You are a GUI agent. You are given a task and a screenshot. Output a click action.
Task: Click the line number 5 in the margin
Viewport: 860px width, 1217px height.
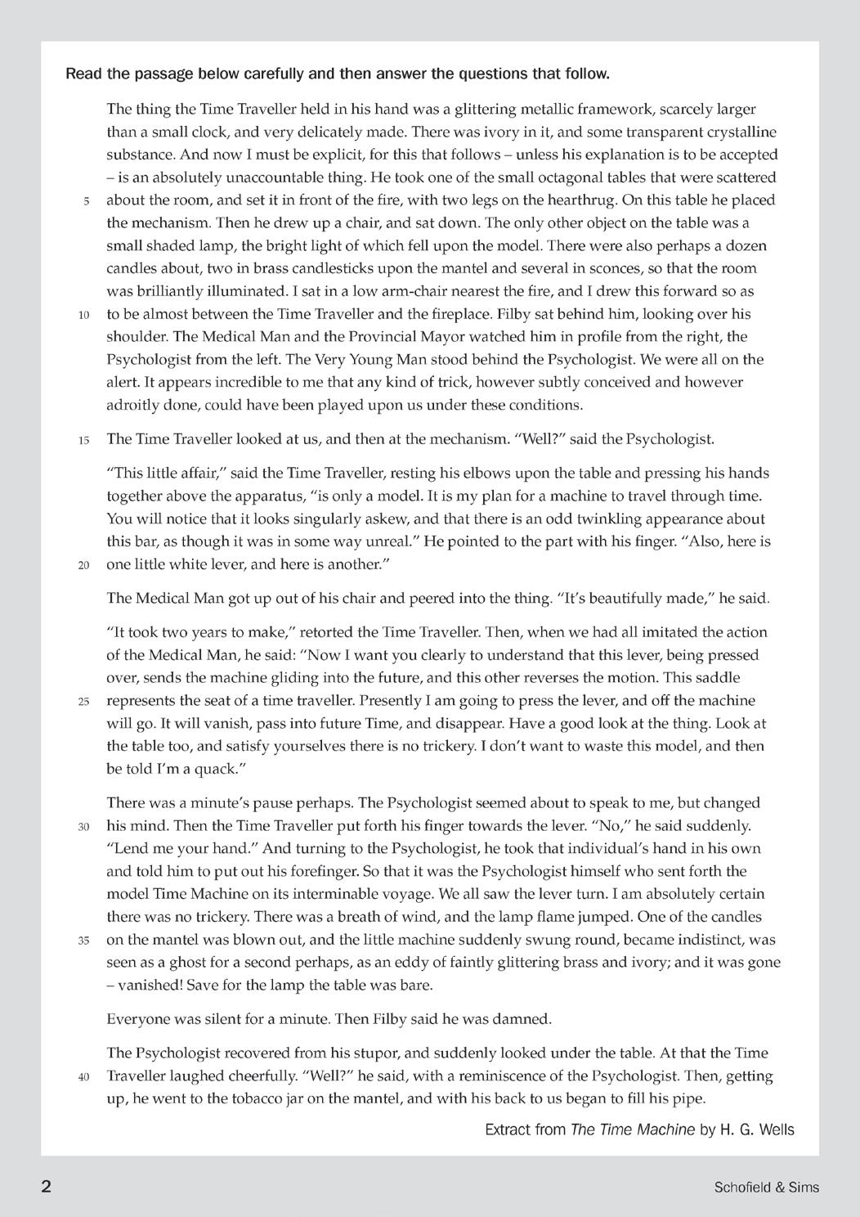tap(86, 201)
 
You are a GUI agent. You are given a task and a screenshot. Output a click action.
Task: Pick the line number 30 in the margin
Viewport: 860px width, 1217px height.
tap(83, 827)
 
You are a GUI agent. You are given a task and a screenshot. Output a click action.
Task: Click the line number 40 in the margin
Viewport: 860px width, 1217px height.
tap(83, 1077)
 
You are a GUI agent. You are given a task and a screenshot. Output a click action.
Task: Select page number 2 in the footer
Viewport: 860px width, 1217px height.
tap(47, 1187)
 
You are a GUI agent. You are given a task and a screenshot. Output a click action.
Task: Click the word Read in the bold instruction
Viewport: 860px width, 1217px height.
tap(84, 74)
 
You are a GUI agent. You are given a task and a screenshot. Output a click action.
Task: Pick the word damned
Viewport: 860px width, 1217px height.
tap(524, 1019)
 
